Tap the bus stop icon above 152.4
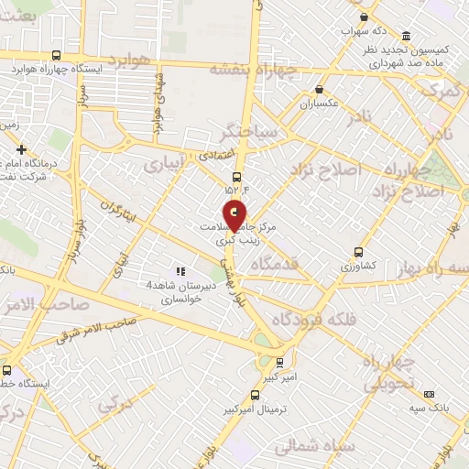tap(237, 177)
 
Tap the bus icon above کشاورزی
tap(357, 251)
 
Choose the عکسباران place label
tap(319, 104)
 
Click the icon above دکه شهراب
tap(365, 17)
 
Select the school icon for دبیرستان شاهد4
tap(180, 271)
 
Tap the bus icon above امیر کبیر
tap(280, 362)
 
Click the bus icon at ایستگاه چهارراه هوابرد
tap(57, 54)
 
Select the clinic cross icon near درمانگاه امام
tap(21, 148)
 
